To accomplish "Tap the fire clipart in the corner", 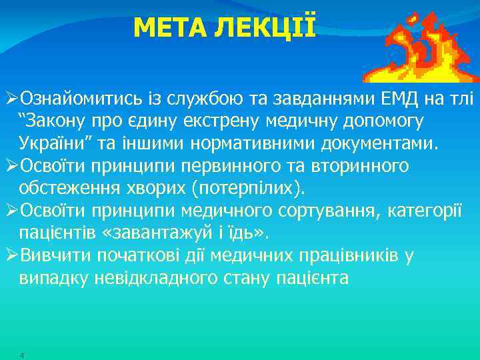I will click(421, 44).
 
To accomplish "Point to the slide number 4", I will click(23, 355).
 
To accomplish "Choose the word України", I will click(49, 143).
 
